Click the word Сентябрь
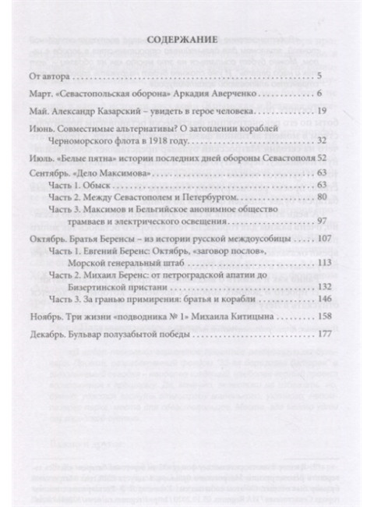click(x=71, y=172)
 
